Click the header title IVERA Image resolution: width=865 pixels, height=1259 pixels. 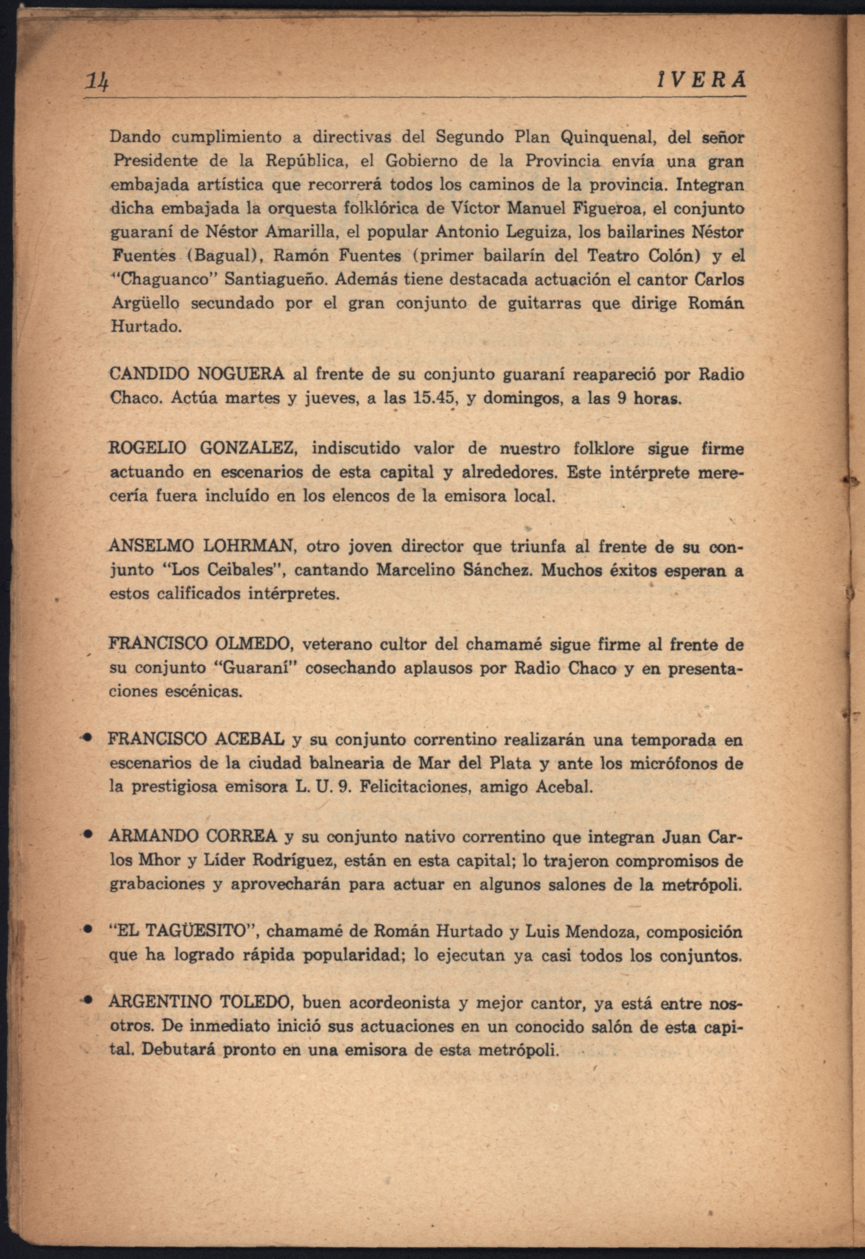(700, 80)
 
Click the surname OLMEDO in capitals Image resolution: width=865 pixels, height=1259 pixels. (254, 645)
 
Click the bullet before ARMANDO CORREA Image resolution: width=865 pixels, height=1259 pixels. (86, 836)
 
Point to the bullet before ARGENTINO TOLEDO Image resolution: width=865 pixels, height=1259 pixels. (86, 1002)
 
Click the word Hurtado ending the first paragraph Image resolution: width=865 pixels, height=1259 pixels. (145, 327)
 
